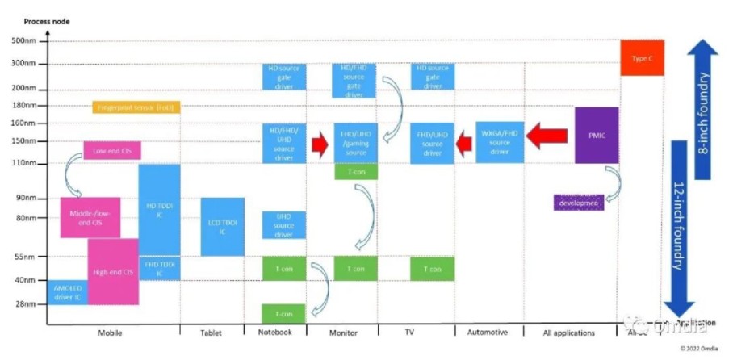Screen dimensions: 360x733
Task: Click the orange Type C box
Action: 642,58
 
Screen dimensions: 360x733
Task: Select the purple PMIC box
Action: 597,135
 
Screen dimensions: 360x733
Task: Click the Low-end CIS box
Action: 112,150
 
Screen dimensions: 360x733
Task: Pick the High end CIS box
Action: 113,272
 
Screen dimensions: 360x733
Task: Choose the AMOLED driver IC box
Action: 67,293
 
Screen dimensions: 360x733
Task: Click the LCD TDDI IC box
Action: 222,227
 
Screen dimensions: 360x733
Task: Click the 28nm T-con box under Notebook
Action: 283,314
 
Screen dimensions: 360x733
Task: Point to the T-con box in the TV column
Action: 433,269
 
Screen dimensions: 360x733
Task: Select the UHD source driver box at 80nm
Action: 283,225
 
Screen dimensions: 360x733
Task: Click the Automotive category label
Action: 488,333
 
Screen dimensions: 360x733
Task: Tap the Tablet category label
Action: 212,333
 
